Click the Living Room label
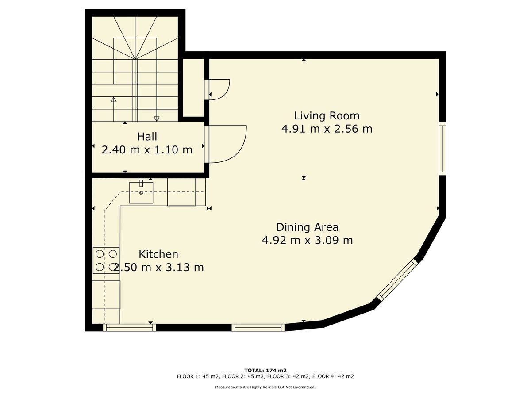tap(327, 116)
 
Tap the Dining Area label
tap(307, 227)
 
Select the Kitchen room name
tap(158, 254)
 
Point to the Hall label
tap(147, 137)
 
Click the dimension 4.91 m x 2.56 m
tap(327, 129)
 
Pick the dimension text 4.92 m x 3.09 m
tap(307, 241)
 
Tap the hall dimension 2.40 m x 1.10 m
tap(147, 150)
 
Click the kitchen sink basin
tap(141, 193)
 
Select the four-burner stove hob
tap(106, 260)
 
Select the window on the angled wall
tap(397, 280)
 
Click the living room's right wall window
tap(442, 149)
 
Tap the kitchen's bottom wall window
tap(130, 327)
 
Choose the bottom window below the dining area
tap(258, 327)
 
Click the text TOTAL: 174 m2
tap(265, 371)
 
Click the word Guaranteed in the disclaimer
tap(304, 387)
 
